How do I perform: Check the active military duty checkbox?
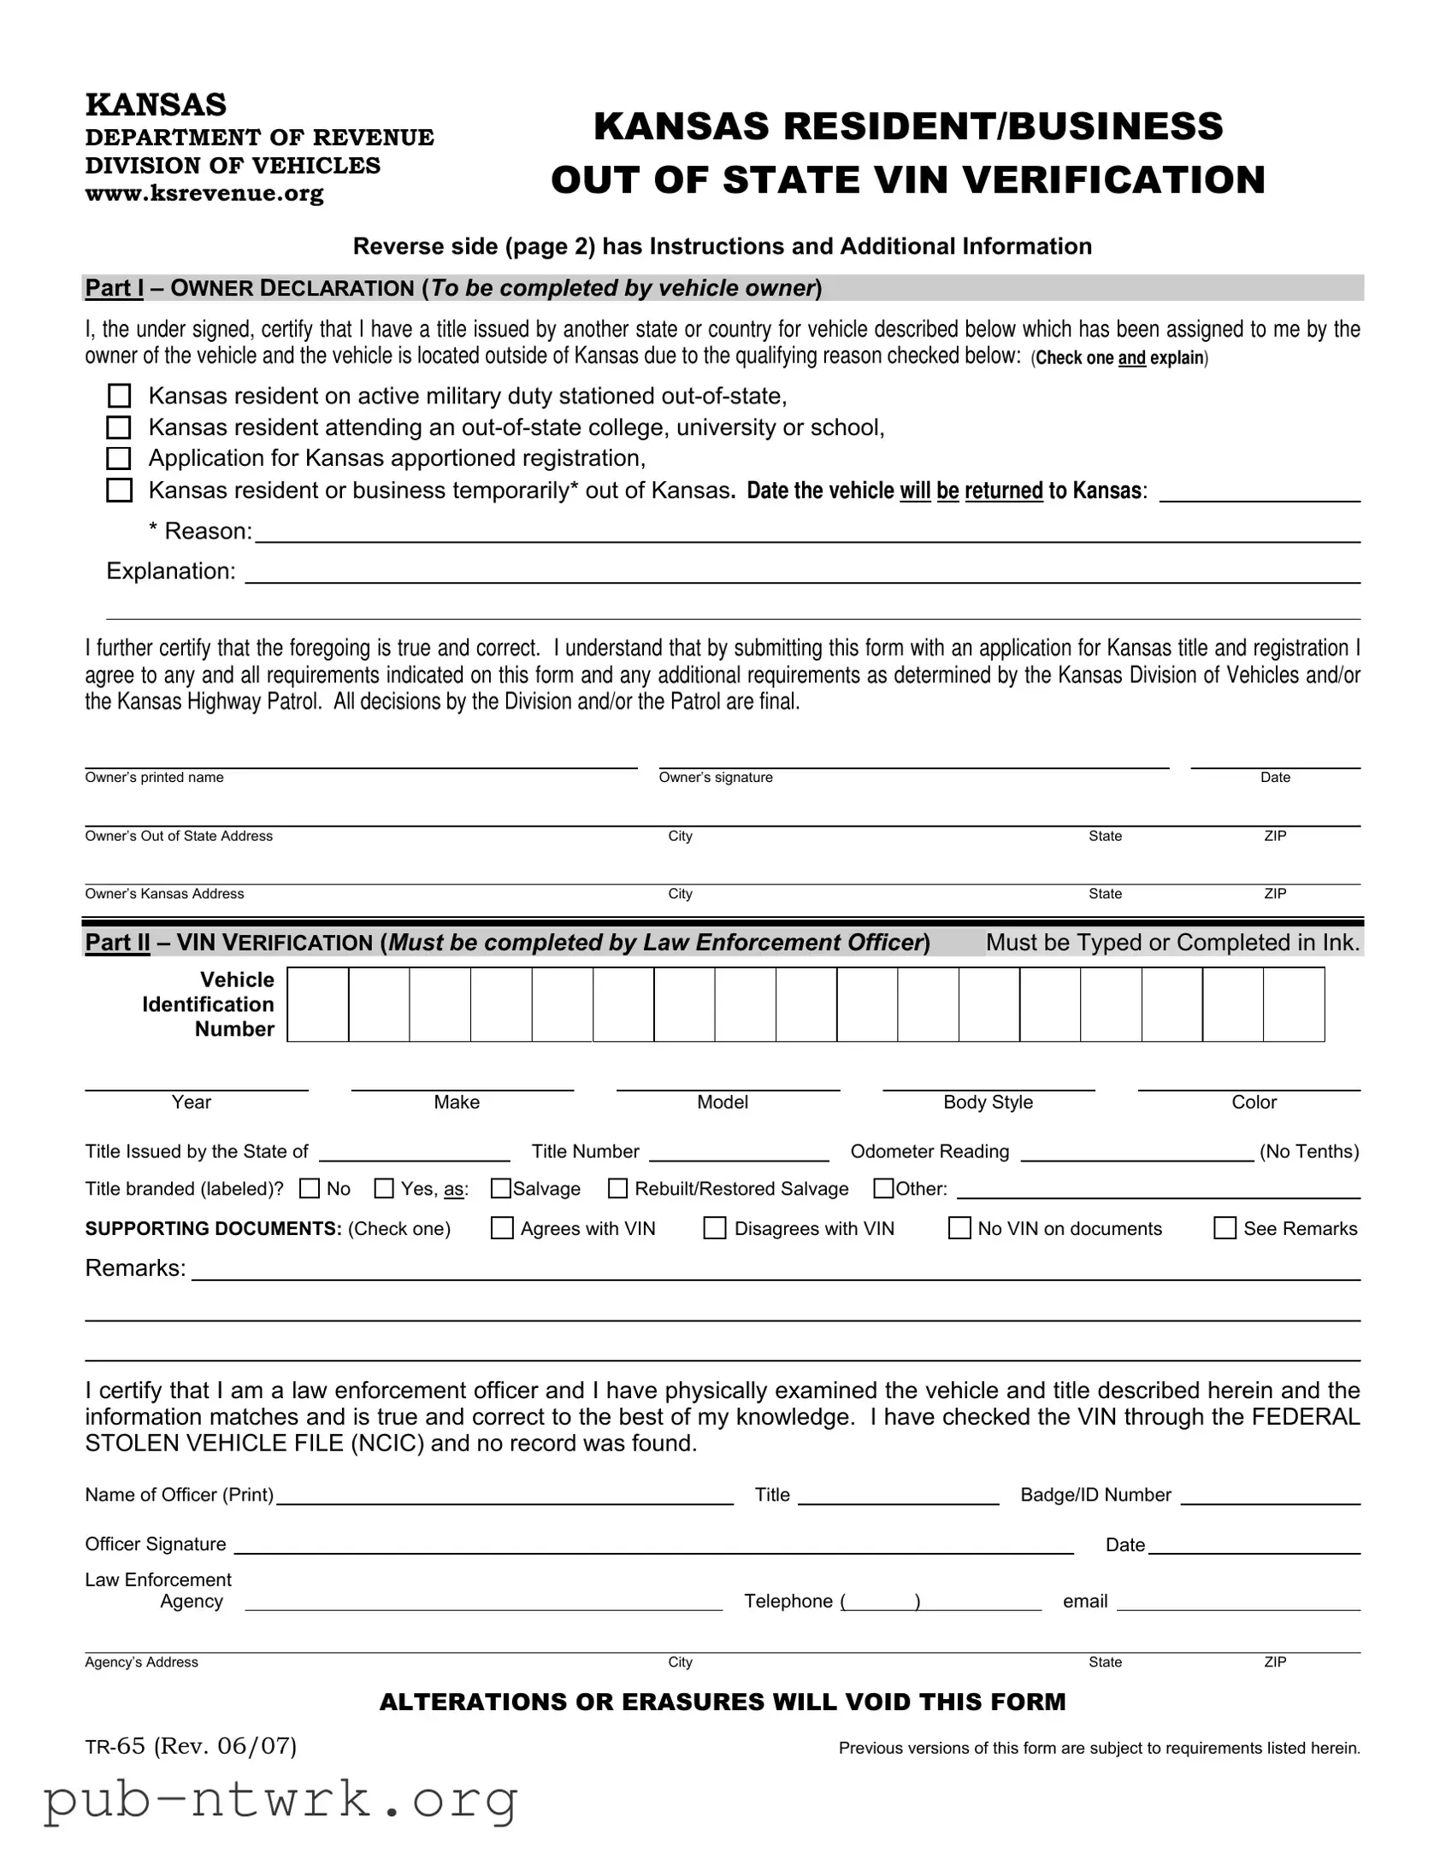coord(119,396)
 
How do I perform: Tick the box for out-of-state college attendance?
coord(119,427)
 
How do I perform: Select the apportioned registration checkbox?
coord(119,458)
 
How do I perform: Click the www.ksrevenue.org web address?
coord(204,193)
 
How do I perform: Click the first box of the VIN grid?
coord(318,1004)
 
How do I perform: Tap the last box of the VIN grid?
coord(1294,1004)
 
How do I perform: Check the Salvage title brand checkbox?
coord(501,1189)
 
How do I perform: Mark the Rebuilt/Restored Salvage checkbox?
coord(617,1189)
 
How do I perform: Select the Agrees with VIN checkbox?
coord(502,1229)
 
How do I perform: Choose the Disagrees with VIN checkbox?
coord(714,1229)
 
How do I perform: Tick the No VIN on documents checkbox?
coord(959,1229)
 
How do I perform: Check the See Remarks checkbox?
coord(1225,1229)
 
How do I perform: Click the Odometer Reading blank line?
coord(1136,1152)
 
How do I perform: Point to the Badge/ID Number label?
coord(1095,1495)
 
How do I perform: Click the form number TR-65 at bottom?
coord(115,1747)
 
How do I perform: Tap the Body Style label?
coord(988,1103)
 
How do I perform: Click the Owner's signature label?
coord(715,778)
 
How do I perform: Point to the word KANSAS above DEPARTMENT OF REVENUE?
coord(156,104)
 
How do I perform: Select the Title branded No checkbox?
coord(310,1189)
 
